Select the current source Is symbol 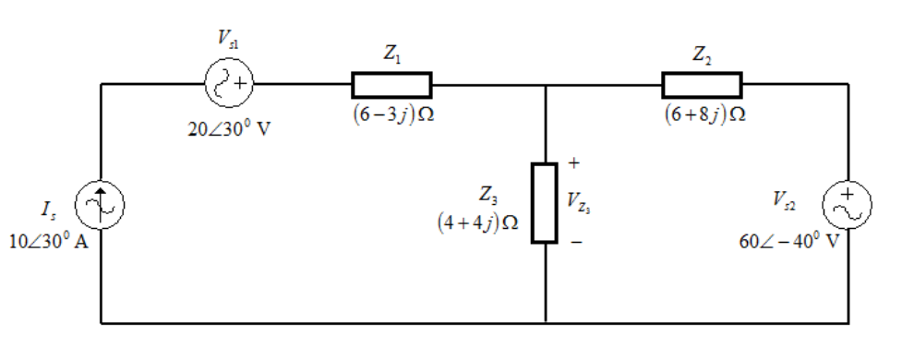coord(100,205)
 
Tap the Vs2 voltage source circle coord(847,205)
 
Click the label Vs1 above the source coord(228,38)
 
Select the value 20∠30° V coord(229,128)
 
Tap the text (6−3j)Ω coord(393,114)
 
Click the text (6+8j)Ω coord(704,114)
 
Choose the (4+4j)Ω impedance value coord(478,223)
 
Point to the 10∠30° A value coord(49,241)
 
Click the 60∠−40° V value coord(789,241)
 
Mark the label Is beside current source coord(48,210)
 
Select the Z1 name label coord(391,54)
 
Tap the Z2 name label coord(702,54)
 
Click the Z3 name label coord(488,195)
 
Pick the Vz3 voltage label coord(579,201)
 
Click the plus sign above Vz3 coord(573,163)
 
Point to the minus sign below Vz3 coord(575,242)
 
